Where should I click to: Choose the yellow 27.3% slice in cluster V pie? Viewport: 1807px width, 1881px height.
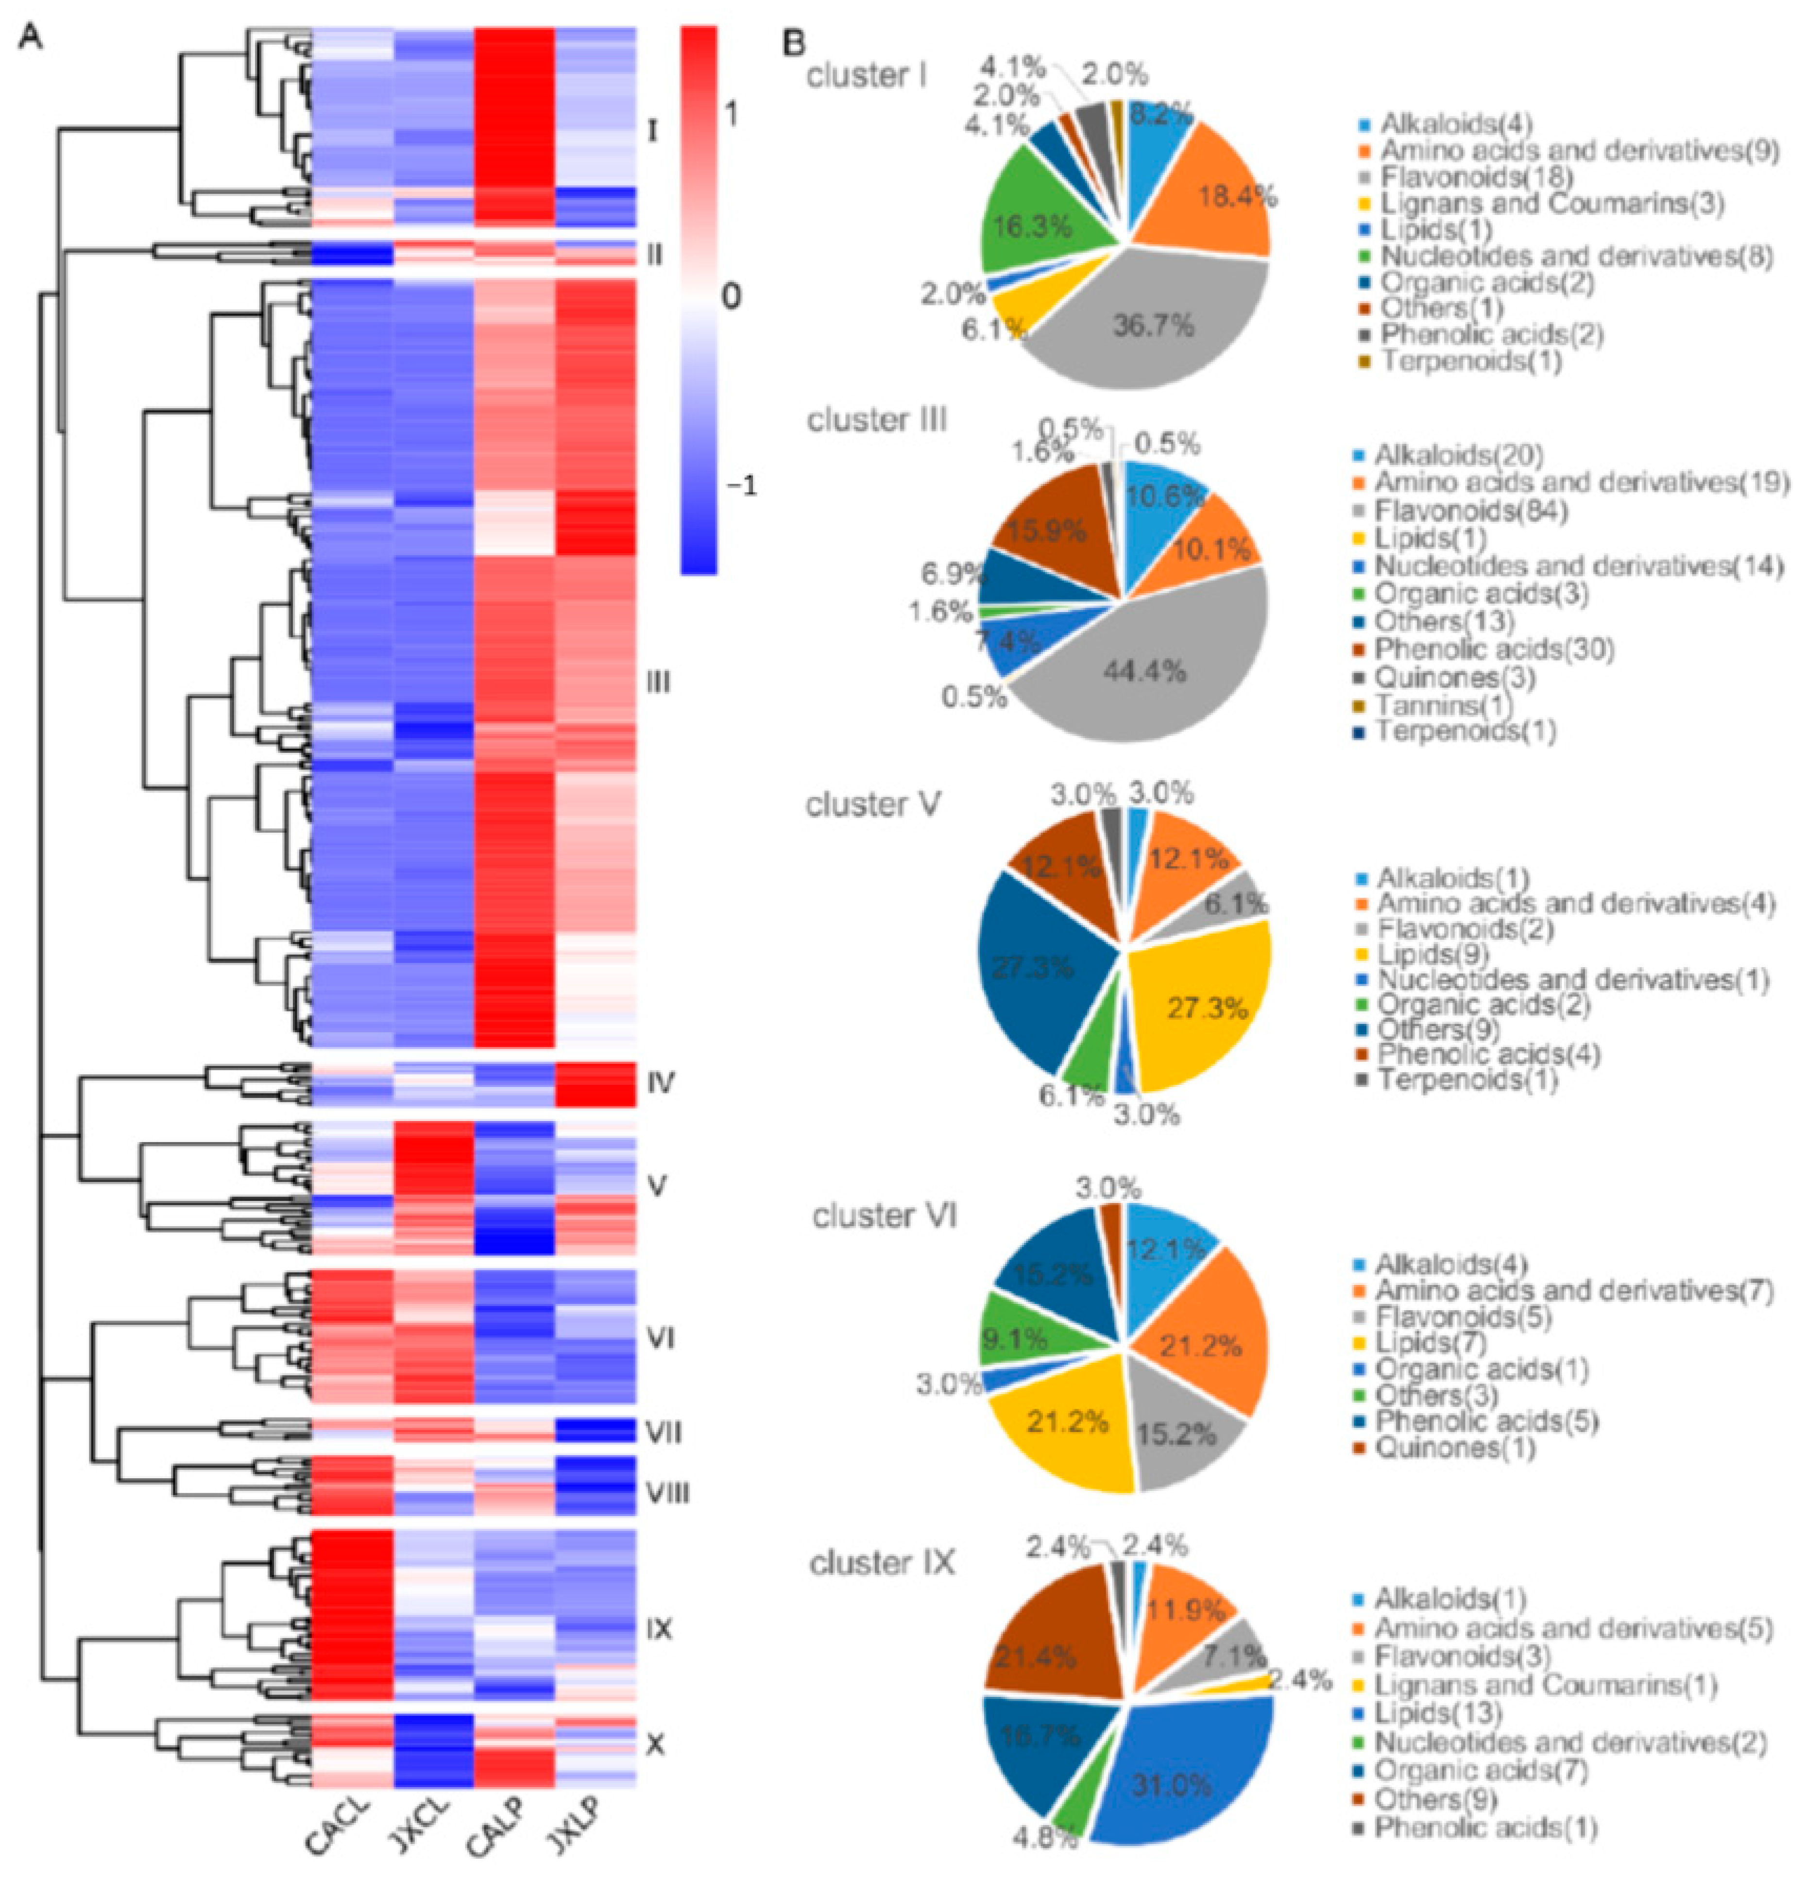coord(1204,1008)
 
